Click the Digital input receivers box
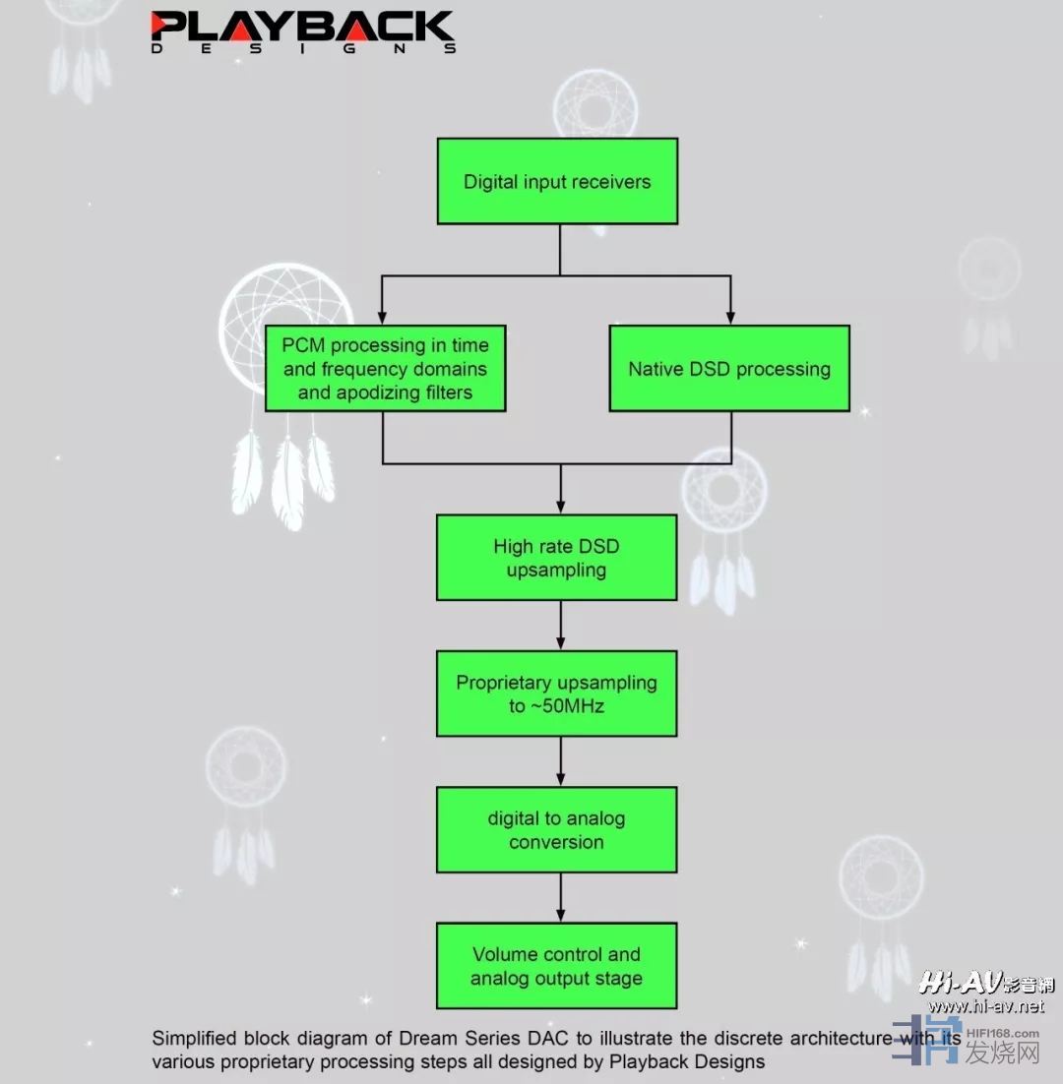coord(557,181)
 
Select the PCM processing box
coord(385,368)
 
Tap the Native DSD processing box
coord(729,369)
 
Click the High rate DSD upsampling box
coord(557,558)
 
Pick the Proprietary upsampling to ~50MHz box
coord(557,693)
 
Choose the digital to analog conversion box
coord(557,829)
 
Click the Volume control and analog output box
coord(557,965)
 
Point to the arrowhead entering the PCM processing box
coord(383,318)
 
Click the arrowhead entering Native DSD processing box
coord(730,318)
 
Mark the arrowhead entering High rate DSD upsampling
coord(560,508)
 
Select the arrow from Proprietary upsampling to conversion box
coord(560,761)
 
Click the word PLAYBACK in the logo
coord(302,27)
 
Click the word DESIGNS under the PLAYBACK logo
coord(302,48)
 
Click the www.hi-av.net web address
coord(985,1006)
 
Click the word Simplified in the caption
coord(194,1038)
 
